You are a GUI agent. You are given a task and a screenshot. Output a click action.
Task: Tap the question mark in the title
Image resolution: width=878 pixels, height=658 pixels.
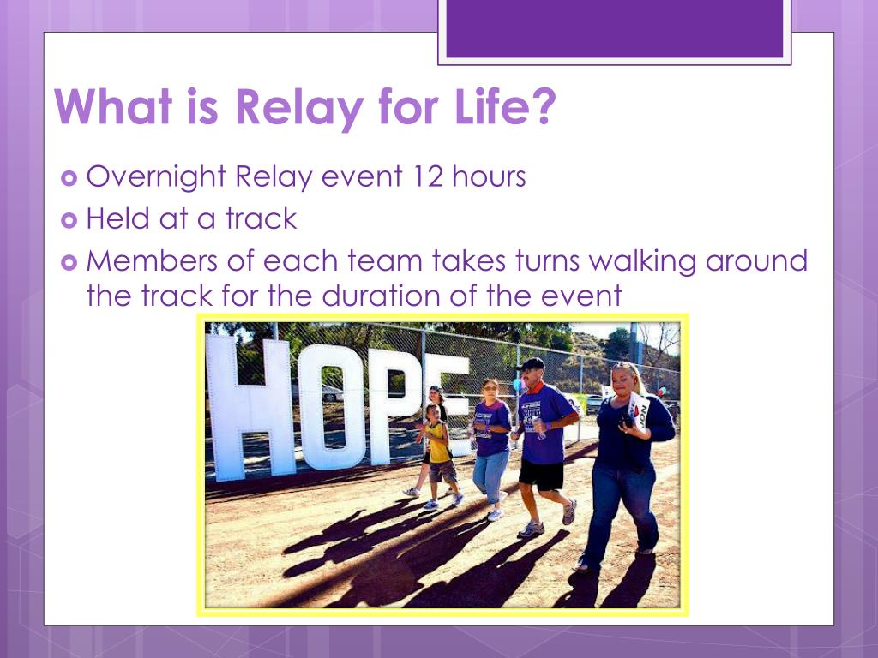tap(540, 105)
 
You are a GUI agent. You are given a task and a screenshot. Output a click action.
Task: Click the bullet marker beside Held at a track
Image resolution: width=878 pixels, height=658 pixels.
tap(69, 220)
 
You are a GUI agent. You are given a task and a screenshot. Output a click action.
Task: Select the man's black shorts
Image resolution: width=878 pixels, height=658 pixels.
tap(542, 475)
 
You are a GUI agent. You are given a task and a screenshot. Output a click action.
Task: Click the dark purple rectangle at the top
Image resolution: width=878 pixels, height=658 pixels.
tap(614, 28)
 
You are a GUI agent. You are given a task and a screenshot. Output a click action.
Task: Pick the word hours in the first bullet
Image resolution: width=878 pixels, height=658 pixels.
tap(489, 176)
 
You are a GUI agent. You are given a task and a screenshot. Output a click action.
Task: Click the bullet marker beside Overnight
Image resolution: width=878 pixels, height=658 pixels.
tap(69, 178)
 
